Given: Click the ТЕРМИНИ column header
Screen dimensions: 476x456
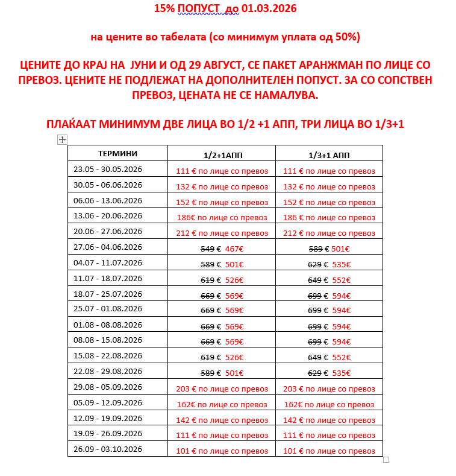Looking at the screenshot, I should [x=117, y=154].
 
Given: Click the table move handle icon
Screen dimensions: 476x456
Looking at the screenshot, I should [x=61, y=140].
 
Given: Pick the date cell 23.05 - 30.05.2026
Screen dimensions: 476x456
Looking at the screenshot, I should [x=108, y=169].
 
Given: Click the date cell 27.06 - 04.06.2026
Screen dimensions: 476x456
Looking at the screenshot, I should [x=108, y=247].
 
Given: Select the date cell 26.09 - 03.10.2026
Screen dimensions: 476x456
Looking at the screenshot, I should [x=108, y=449].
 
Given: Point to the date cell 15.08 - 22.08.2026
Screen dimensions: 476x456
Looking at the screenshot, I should [x=108, y=356].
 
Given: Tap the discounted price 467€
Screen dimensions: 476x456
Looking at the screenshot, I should [x=234, y=249].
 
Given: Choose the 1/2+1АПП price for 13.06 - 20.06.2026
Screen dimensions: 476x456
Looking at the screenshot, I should [x=222, y=217].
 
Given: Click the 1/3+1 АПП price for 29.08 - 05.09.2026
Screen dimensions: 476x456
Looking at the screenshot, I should [x=329, y=389].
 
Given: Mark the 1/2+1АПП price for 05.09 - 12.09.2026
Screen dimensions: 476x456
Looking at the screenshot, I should [x=222, y=404].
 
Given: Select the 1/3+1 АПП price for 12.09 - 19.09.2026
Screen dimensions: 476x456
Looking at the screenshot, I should [x=329, y=420].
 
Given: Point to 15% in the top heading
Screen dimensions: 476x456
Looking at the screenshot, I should [x=164, y=9].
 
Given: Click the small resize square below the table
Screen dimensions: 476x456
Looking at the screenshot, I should [x=386, y=460].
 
